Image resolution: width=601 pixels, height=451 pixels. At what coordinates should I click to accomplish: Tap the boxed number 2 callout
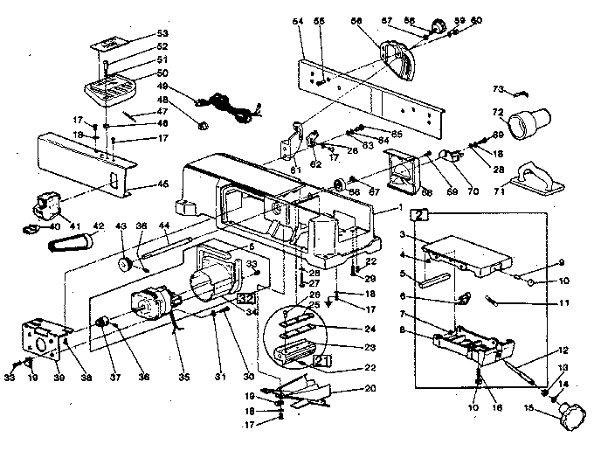[x=421, y=213]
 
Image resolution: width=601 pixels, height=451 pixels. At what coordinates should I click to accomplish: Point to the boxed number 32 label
[x=244, y=295]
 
